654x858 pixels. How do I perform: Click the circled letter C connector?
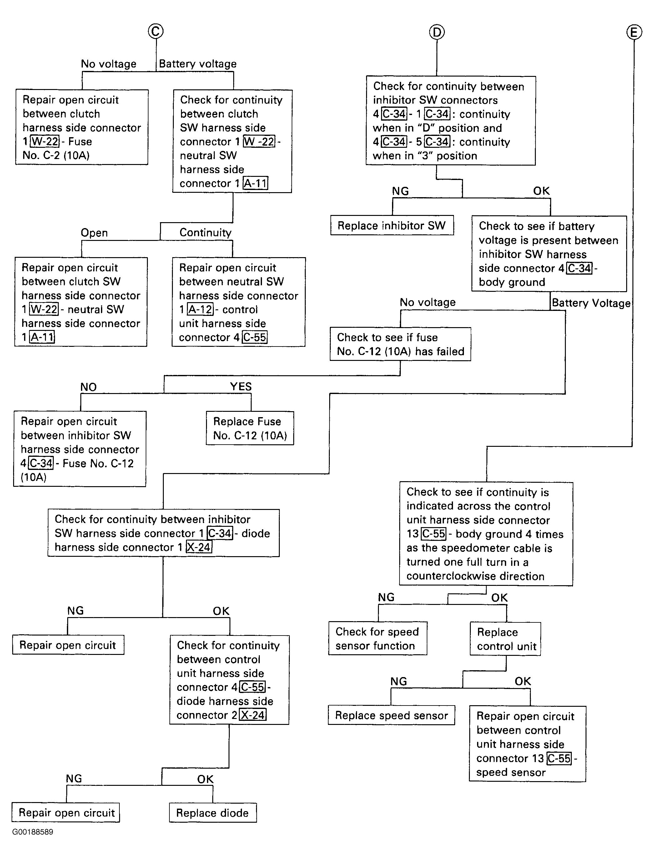[x=156, y=31]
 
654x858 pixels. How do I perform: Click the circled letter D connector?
[x=437, y=32]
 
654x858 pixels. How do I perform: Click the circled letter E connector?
[x=634, y=32]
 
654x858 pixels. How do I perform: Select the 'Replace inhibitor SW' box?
[x=392, y=225]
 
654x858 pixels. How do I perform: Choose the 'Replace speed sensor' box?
[x=391, y=715]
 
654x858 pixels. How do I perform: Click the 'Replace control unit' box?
[x=505, y=639]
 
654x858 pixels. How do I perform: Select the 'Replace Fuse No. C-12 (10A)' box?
[x=250, y=428]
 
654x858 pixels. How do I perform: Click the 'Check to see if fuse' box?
[x=400, y=344]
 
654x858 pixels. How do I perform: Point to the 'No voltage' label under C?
[x=108, y=64]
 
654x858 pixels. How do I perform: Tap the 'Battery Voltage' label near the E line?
[x=591, y=303]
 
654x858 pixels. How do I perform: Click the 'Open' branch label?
[x=94, y=233]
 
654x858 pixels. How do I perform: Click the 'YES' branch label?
[x=241, y=387]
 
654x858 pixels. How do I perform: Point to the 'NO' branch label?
[x=88, y=387]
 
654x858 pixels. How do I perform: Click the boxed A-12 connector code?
[x=200, y=309]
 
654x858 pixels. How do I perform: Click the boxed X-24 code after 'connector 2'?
[x=253, y=715]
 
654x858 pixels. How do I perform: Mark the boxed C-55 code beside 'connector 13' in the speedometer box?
[x=434, y=534]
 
